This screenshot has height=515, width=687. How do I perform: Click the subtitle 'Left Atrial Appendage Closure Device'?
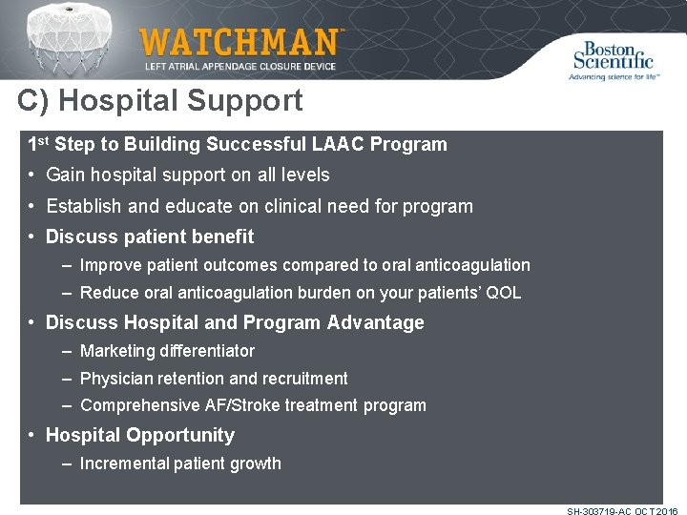point(239,67)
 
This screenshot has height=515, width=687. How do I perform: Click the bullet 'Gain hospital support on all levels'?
point(187,175)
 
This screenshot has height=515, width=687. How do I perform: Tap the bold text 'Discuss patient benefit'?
point(150,237)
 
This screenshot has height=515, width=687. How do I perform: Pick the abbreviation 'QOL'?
point(503,293)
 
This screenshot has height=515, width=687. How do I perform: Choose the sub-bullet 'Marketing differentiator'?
point(167,351)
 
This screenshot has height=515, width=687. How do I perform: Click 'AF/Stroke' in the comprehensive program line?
point(241,405)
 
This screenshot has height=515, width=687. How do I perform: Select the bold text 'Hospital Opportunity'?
point(140,435)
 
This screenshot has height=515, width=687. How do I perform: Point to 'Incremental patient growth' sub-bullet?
point(180,463)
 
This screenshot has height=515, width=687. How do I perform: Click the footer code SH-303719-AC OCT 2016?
point(621,511)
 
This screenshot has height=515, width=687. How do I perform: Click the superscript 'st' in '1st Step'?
point(44,141)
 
